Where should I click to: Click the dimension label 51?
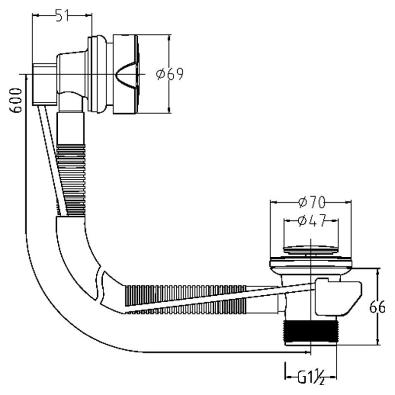[x=62, y=15]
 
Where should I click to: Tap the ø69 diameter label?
[x=170, y=74]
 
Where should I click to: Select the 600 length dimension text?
[x=15, y=100]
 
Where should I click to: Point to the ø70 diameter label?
[x=312, y=202]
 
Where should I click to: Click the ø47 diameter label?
[x=312, y=220]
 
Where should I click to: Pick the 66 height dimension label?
[x=377, y=307]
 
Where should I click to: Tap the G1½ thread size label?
[x=311, y=377]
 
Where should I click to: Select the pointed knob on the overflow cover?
[x=125, y=75]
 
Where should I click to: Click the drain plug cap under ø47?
[x=311, y=249]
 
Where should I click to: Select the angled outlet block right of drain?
[x=338, y=297]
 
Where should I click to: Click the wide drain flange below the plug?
[x=311, y=263]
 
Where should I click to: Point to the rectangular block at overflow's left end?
[x=44, y=84]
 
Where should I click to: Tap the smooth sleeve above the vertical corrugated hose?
[x=70, y=128]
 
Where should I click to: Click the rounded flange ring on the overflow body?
[x=97, y=75]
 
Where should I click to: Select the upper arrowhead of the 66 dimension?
[x=378, y=272]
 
